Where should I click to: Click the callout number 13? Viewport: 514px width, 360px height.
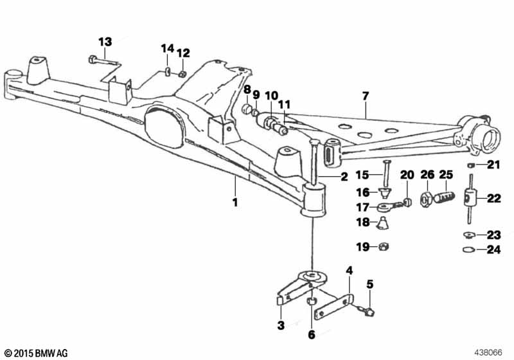click(105, 42)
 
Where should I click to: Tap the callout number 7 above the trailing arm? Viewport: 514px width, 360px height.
click(366, 96)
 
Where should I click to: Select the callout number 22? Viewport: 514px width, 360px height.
click(494, 198)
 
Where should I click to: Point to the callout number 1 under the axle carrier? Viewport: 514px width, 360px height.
click(235, 202)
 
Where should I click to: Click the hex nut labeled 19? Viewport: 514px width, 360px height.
click(383, 246)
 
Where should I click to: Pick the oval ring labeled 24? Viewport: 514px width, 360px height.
click(469, 250)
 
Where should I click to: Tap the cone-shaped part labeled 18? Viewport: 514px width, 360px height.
click(382, 223)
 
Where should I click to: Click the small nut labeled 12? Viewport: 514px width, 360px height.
click(182, 74)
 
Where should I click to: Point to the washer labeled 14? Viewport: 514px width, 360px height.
click(168, 71)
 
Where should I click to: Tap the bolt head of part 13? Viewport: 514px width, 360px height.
click(93, 59)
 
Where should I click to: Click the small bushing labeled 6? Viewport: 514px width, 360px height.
click(312, 301)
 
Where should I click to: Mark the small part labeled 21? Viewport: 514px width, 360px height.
click(471, 165)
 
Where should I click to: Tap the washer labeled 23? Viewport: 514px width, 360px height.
click(469, 235)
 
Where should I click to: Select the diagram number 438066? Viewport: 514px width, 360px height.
click(488, 353)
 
